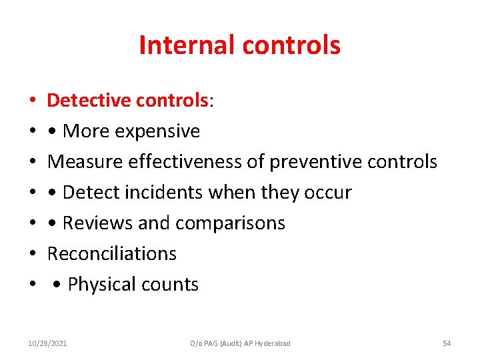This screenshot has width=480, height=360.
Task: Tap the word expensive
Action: pos(157,131)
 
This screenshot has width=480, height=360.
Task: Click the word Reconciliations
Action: pos(112,254)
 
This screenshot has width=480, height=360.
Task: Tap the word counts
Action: pos(171,285)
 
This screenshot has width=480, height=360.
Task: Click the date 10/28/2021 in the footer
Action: pos(47,343)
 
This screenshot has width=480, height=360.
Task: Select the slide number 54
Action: pos(447,343)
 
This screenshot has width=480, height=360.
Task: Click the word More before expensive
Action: pos(87,131)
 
